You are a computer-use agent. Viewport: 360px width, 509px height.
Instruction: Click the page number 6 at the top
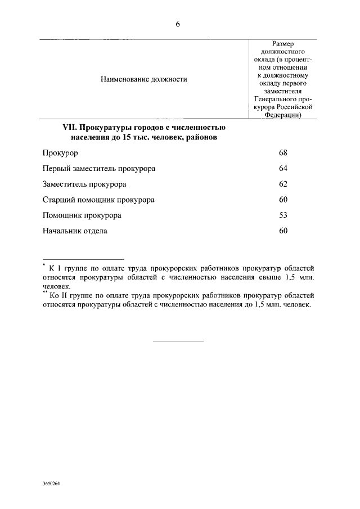coord(178,24)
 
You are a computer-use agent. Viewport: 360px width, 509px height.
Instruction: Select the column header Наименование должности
coord(143,79)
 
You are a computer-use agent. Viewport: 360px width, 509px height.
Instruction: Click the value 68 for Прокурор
coord(283,153)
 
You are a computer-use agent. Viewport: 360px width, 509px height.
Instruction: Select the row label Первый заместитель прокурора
coord(99,169)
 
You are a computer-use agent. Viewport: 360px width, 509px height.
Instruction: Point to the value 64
coord(283,169)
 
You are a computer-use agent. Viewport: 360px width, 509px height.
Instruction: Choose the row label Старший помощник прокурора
coord(98,200)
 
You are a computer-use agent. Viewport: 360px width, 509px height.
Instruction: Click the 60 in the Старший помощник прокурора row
coord(283,200)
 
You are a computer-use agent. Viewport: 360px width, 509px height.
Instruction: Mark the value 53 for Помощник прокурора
coord(283,215)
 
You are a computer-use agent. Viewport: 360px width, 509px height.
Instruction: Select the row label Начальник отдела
coord(74,231)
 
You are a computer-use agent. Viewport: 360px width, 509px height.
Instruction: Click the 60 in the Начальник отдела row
coord(283,231)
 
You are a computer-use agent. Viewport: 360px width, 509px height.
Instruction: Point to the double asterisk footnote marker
coord(45,292)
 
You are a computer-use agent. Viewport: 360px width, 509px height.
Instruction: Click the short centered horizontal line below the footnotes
coord(178,340)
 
